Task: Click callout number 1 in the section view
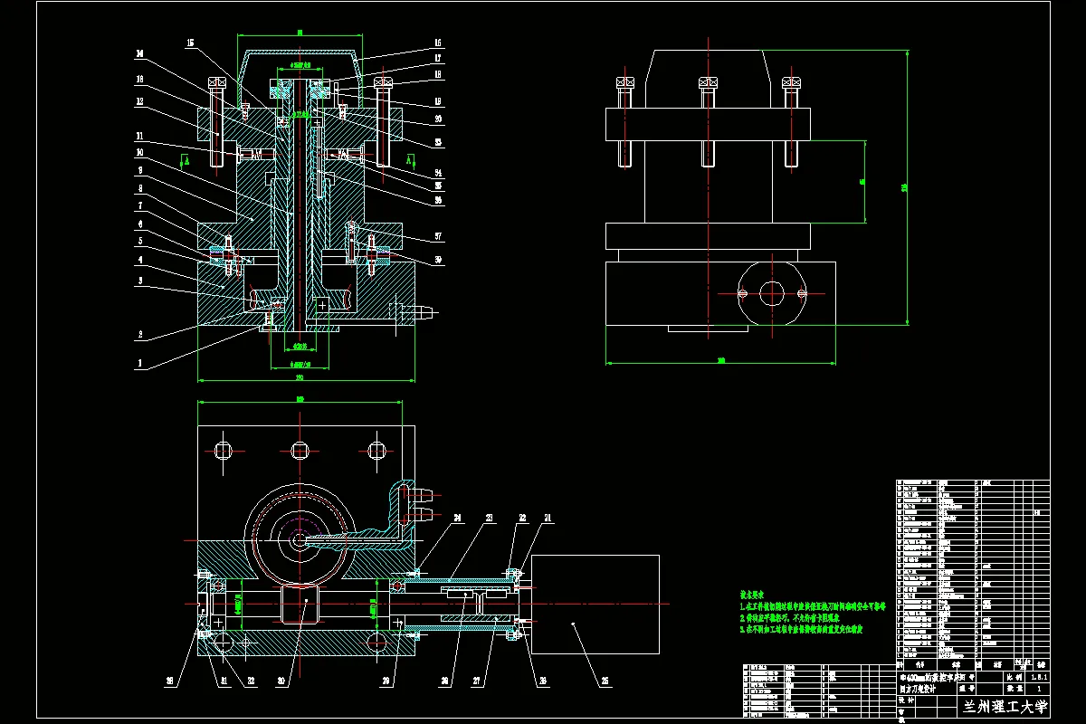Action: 139,364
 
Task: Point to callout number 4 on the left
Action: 139,260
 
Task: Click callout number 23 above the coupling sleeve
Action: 490,518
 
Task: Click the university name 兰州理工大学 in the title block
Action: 1003,707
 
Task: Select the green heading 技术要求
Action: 754,594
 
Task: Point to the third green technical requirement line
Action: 803,628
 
